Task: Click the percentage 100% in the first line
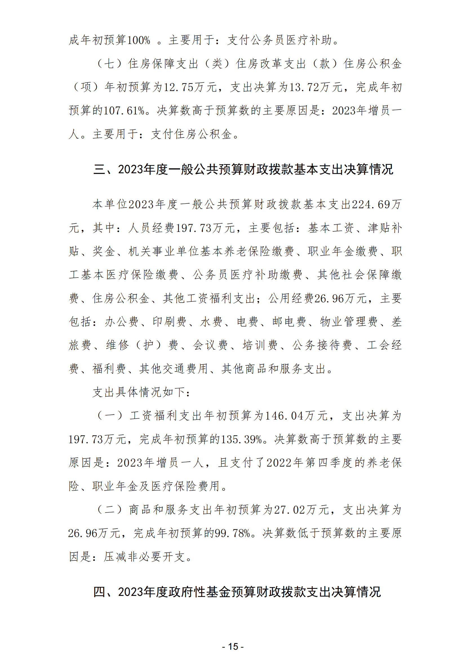pos(138,40)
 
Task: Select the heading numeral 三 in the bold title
pos(99,170)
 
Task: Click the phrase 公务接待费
pos(322,345)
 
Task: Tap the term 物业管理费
pos(349,322)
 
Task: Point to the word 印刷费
pos(169,322)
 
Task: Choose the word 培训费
pos(260,345)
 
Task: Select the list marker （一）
pos(110,416)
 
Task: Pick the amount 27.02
pos(290,510)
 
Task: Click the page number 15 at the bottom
pos(233,647)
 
